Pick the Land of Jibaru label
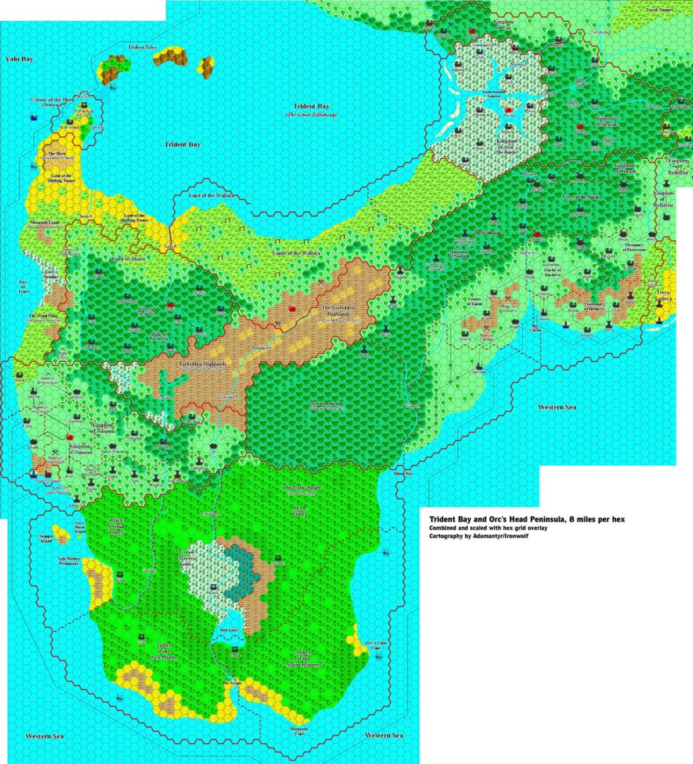coord(131,258)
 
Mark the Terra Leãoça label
coord(664,296)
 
